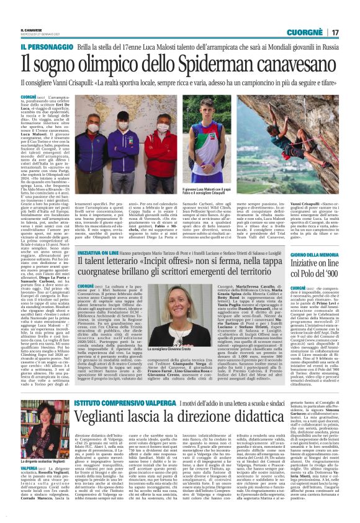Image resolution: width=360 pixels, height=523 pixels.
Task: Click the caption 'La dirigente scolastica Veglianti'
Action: [43, 478]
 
